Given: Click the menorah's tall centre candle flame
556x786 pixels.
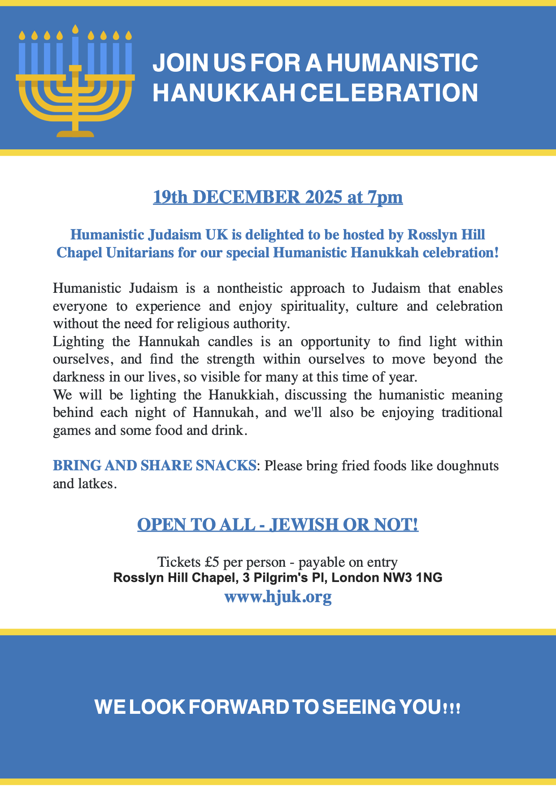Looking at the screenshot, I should pyautogui.click(x=75, y=29).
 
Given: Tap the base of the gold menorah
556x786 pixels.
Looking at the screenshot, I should pyautogui.click(x=75, y=133).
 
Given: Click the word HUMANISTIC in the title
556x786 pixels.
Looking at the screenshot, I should pyautogui.click(x=402, y=63).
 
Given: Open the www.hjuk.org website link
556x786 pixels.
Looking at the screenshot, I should pyautogui.click(x=278, y=597).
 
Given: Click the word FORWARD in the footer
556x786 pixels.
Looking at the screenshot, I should pyautogui.click(x=238, y=707).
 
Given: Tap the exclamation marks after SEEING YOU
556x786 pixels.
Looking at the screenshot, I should pyautogui.click(x=452, y=709).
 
